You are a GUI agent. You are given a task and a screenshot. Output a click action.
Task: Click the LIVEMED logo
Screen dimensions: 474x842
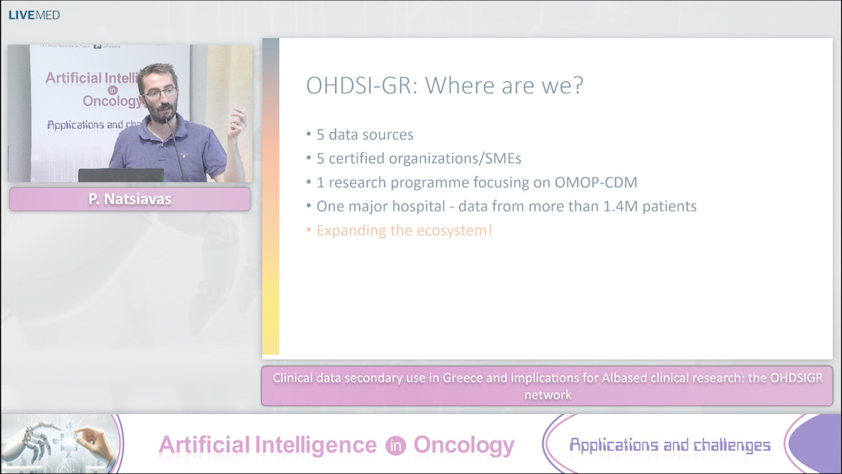pos(34,15)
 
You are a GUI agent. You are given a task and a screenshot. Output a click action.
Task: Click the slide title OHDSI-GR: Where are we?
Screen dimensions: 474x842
pos(444,86)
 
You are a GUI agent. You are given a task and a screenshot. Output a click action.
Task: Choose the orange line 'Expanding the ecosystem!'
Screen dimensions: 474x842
pos(404,231)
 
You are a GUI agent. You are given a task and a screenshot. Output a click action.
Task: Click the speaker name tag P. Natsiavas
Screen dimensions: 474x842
pos(129,200)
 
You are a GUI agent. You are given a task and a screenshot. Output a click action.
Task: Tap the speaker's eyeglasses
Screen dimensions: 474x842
pos(160,93)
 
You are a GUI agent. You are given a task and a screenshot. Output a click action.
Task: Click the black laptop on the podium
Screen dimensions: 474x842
pos(121,175)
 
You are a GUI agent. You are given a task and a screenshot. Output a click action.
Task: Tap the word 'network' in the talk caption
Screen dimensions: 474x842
pos(547,395)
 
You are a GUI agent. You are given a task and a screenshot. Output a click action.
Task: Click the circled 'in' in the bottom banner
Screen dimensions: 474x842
pos(394,445)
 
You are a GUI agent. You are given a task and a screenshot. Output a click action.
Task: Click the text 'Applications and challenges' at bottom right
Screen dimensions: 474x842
pos(669,445)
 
